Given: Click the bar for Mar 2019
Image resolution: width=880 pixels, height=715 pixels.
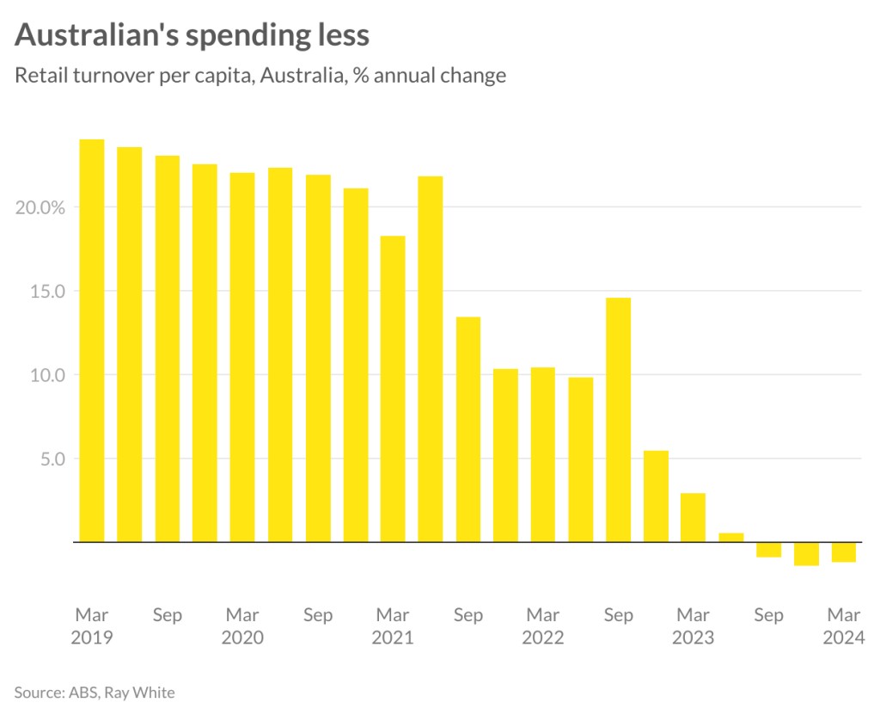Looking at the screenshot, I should coord(92,341).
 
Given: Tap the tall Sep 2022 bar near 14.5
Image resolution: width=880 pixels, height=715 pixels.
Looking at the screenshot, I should coord(618,420).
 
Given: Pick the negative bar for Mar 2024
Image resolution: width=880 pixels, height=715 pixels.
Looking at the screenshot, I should coord(844,552).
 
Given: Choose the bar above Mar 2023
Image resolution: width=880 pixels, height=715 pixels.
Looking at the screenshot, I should coord(693,517).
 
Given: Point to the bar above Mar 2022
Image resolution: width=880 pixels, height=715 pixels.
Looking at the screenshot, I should coord(543,454).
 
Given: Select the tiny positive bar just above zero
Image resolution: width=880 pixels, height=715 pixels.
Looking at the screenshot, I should coord(731,538).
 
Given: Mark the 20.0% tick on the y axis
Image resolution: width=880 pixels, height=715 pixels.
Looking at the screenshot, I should coord(40,207).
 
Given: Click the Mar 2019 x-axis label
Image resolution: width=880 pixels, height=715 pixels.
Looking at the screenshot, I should coord(92,626).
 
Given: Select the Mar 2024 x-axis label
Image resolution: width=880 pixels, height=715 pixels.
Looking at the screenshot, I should coord(844,626).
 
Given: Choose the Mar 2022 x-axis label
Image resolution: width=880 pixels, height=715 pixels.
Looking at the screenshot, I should coord(543,626).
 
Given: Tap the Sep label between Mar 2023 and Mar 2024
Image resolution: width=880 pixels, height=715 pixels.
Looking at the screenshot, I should coord(768,615).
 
